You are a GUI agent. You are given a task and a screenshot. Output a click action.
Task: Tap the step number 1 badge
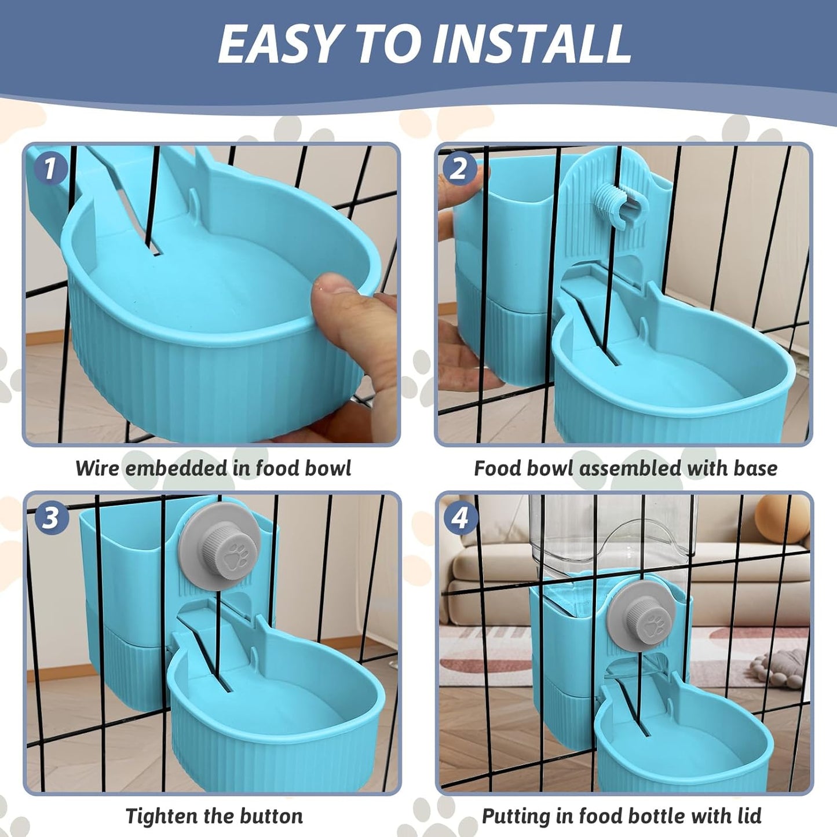click(x=50, y=169)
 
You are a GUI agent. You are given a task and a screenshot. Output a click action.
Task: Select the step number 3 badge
click(x=50, y=517)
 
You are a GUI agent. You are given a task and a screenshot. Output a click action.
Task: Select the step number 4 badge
click(x=459, y=517)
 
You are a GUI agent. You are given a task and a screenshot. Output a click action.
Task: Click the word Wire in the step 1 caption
click(x=97, y=468)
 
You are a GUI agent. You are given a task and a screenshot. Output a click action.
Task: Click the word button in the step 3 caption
click(x=273, y=816)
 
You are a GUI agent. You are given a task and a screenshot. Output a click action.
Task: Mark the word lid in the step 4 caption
click(x=747, y=816)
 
